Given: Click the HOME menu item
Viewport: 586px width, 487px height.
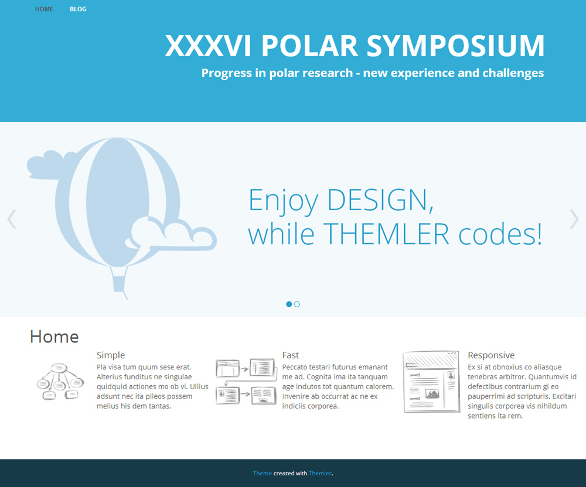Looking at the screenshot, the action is click(x=44, y=9).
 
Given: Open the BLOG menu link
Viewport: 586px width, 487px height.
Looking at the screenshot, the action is click(x=78, y=9).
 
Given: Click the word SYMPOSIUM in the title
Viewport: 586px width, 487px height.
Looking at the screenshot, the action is click(x=455, y=46).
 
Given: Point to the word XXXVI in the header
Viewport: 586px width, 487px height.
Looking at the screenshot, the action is click(x=208, y=46).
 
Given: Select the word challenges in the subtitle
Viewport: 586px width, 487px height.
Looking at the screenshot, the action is click(x=513, y=73).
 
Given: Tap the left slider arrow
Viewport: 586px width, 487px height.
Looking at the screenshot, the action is click(x=12, y=219).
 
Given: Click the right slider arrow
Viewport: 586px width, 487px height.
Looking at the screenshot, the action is click(x=574, y=219).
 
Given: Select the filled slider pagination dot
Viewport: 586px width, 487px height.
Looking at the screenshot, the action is click(x=289, y=304).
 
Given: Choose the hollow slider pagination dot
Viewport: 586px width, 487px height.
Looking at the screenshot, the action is click(x=297, y=304).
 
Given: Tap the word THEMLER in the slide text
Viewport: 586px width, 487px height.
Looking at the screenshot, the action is click(x=386, y=234).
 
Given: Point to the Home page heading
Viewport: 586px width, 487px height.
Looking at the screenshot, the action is click(x=54, y=337).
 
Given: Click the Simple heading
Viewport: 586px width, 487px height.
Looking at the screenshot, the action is click(x=111, y=355).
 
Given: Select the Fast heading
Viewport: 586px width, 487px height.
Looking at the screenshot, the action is click(x=291, y=355).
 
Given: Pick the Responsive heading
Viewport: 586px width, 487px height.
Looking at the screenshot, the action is click(x=491, y=355).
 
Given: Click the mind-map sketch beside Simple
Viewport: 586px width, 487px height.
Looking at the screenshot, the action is click(x=60, y=381).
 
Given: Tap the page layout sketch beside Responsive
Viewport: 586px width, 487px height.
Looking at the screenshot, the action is click(x=431, y=382).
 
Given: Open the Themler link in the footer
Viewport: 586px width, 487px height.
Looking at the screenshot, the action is click(x=320, y=473).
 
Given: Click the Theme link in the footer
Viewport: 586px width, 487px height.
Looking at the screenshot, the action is click(x=263, y=473).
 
